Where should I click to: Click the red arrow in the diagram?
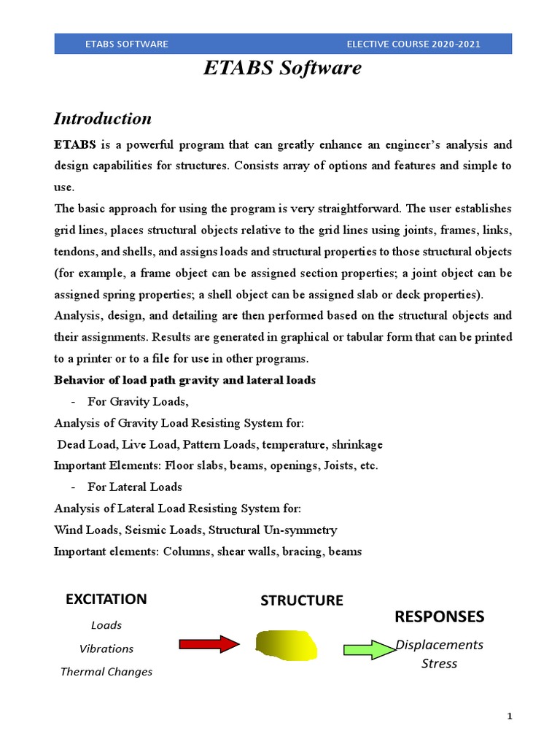[x=209, y=643]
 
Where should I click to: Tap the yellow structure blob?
[x=287, y=644]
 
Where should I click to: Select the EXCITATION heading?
[x=106, y=599]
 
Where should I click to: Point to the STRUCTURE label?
[x=301, y=600]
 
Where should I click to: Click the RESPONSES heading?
[x=439, y=616]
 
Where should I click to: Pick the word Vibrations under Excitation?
[x=106, y=649]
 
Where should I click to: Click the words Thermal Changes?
[x=106, y=672]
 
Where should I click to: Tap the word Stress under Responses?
[x=439, y=663]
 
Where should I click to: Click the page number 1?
[x=510, y=716]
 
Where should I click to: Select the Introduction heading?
[x=103, y=118]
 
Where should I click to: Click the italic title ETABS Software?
[x=282, y=69]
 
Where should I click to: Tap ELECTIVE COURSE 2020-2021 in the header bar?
[x=413, y=44]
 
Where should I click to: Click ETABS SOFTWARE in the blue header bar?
[x=126, y=44]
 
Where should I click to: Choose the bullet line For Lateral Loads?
[x=134, y=487]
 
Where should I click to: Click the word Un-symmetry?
[x=303, y=530]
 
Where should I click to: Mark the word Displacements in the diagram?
[x=439, y=644]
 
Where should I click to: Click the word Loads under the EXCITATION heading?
[x=106, y=625]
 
